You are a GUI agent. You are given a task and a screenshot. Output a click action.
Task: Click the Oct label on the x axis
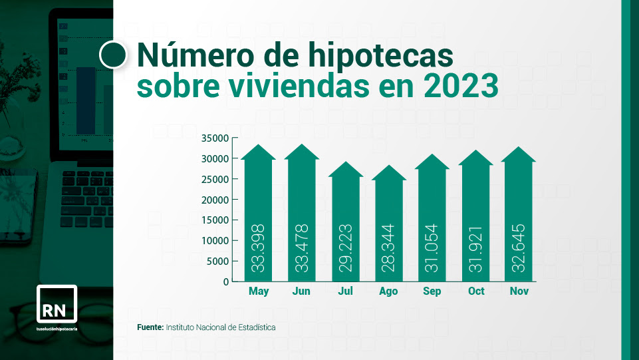[x=476, y=291]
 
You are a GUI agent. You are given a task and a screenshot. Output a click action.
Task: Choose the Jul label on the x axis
[x=345, y=291]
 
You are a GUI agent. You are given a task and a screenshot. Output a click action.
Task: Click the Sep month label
[x=432, y=291]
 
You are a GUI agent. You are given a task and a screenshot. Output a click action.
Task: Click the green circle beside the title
[x=113, y=55]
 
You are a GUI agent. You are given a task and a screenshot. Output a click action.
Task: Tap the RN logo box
[x=57, y=304]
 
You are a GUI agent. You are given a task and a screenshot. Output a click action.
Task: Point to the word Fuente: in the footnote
[x=150, y=327]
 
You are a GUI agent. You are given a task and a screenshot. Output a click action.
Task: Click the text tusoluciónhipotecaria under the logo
[x=57, y=329]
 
